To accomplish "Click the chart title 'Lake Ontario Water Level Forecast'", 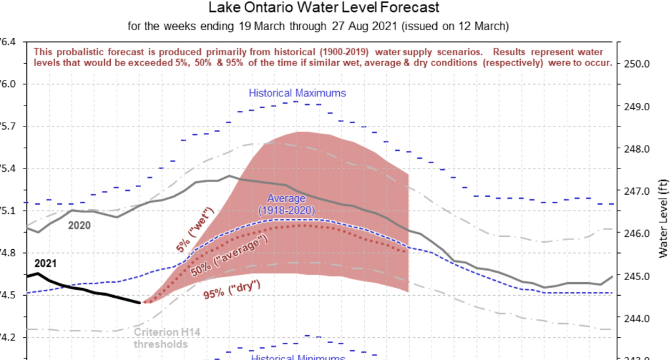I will click(324, 9).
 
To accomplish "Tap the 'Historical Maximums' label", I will click(297, 93).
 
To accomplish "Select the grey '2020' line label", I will click(79, 225).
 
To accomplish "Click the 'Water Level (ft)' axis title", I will click(663, 217).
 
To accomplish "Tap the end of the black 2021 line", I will click(140, 302).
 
